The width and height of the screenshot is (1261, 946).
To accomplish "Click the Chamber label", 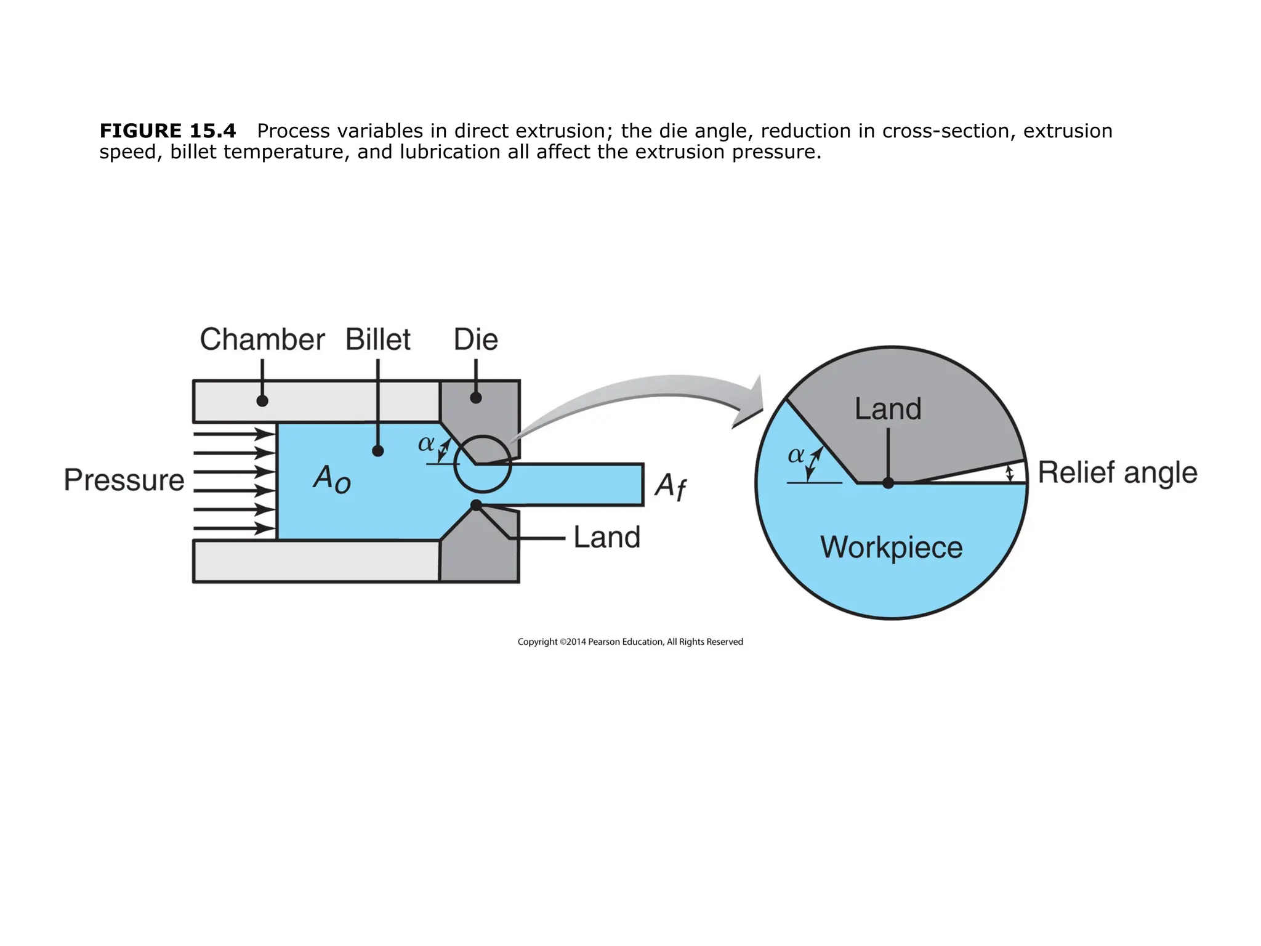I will coord(262,339).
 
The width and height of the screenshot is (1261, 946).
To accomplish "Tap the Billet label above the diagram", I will coord(377,339).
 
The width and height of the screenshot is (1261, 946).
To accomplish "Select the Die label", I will coord(475,339).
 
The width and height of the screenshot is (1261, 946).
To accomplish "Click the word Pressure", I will coord(124,480).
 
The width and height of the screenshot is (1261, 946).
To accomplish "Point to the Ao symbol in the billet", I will coord(331,479).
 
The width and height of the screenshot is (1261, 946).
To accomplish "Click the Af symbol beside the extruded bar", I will coord(670,486).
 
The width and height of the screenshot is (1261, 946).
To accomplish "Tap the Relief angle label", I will coord(1117,472).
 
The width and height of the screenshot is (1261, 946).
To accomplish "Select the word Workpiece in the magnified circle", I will coord(891,547).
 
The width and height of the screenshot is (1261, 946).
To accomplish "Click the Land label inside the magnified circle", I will coord(887,409).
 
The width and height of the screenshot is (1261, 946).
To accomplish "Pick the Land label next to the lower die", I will coord(606,537).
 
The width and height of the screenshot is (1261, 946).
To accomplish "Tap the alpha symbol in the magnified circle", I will coord(796,455).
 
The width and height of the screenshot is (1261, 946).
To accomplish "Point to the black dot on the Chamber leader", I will coord(262,401).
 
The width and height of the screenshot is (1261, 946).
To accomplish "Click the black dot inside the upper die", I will coord(476,398).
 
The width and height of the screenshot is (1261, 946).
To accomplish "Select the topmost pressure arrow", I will coord(234,434).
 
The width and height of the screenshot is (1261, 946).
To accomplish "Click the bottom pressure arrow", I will coord(234,528).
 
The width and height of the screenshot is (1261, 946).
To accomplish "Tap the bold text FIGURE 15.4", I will coord(167,131).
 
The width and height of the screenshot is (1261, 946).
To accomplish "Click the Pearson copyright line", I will coord(630,642).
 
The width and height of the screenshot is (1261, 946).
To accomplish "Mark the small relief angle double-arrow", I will coord(1009,474).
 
